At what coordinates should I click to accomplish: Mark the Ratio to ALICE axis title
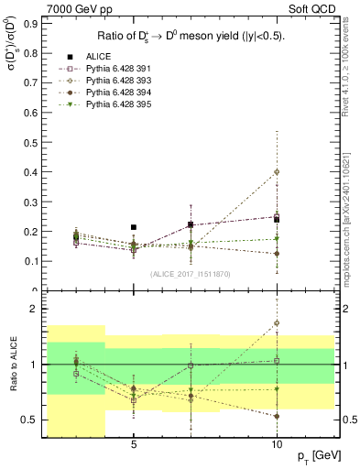coord(11,365)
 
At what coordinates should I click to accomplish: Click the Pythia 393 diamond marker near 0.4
coord(277,171)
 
